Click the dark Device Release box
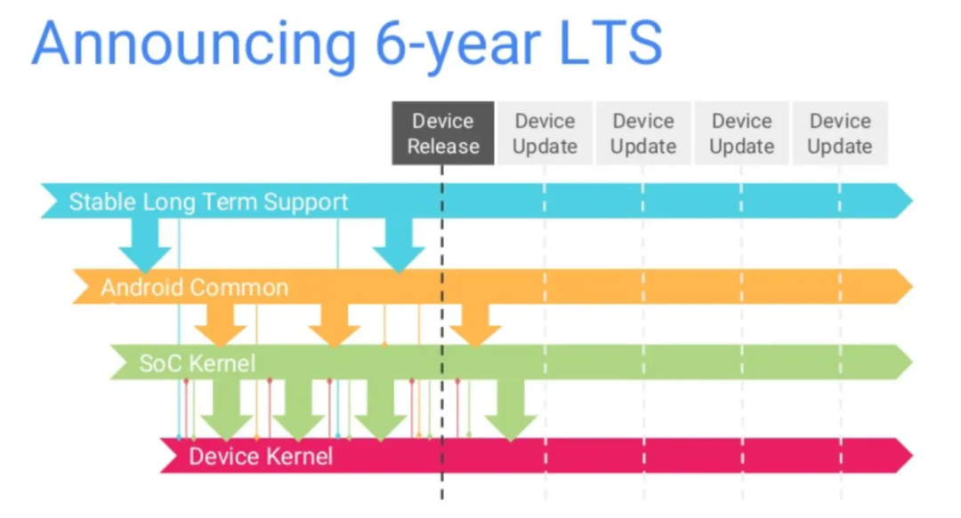coord(443,133)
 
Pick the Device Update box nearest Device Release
coord(545,133)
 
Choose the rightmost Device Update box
coord(839,133)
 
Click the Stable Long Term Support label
coord(208,202)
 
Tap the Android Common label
coord(194,288)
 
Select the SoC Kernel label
coord(197,363)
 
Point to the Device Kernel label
coord(261,457)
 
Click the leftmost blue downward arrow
coord(144,244)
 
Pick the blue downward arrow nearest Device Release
coord(398,244)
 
